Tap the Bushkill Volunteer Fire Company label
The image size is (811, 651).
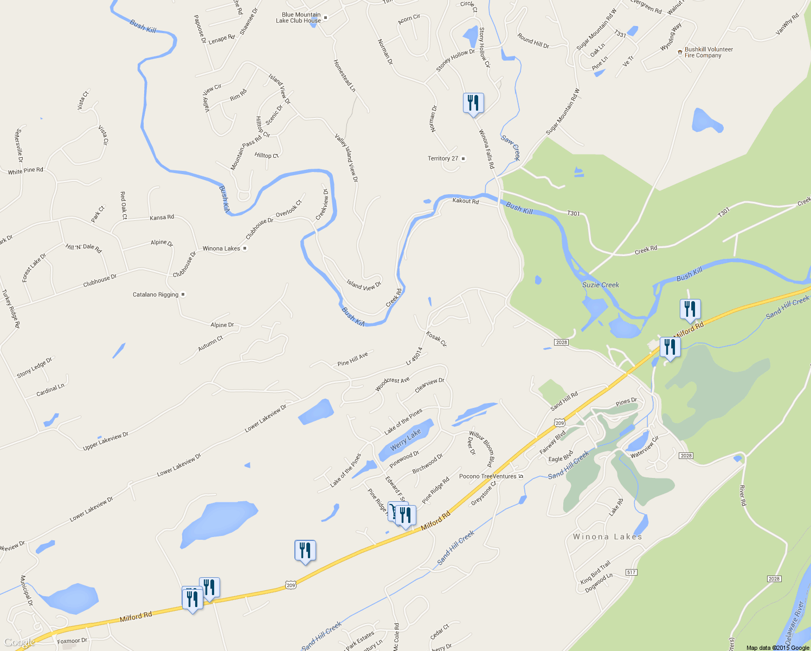709,52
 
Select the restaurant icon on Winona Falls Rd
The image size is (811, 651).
473,103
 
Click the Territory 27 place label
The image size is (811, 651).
443,158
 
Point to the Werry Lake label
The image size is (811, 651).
405,439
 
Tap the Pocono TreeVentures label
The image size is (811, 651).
488,476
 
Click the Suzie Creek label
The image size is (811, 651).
600,285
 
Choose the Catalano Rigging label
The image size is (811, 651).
156,295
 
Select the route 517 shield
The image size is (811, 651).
631,572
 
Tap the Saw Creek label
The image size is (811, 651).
511,147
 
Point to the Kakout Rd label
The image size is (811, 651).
466,201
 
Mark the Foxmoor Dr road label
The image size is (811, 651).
72,641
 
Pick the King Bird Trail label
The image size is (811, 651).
595,572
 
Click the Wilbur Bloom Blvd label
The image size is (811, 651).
482,449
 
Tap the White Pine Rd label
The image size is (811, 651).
25,171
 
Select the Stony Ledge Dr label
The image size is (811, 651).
35,367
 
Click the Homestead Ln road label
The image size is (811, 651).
344,75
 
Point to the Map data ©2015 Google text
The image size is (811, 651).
777,648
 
